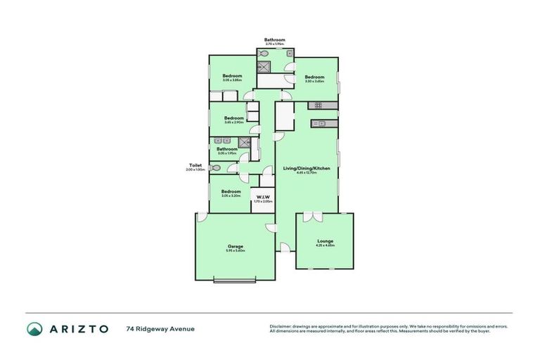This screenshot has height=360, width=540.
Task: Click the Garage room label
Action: [x=235, y=247]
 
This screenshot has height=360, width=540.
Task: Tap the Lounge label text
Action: [x=326, y=241]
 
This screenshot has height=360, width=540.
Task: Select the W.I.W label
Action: [x=262, y=196]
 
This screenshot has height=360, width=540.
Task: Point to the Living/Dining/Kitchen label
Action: [x=307, y=168]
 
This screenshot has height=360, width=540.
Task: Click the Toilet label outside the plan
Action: [x=195, y=165]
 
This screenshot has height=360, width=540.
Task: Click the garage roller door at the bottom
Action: [x=235, y=281]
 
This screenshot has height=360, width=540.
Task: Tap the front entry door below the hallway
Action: [x=285, y=247]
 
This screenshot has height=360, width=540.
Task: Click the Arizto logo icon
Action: [x=34, y=328]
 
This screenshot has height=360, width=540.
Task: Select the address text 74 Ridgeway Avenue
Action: [x=160, y=328]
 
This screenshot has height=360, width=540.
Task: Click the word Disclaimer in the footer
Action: [x=282, y=326]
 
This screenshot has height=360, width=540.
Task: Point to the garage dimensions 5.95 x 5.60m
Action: [x=235, y=251]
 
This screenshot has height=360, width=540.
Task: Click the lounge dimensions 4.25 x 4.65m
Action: [x=326, y=246]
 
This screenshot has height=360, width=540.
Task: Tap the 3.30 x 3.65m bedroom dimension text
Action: [x=314, y=82]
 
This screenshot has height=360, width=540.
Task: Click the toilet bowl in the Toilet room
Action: [x=214, y=168]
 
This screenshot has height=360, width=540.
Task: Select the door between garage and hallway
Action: [x=270, y=226]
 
